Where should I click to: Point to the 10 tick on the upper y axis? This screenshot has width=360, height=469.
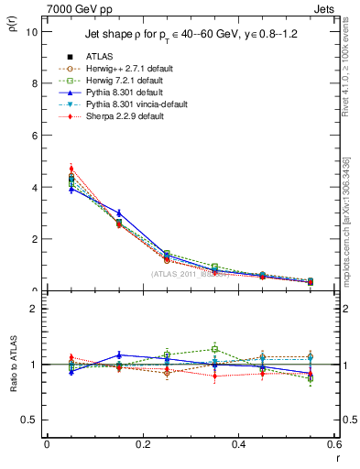[x=31, y=32]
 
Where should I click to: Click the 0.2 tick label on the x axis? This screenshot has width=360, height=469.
[x=143, y=443]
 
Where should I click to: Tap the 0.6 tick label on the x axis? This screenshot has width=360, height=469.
[x=333, y=443]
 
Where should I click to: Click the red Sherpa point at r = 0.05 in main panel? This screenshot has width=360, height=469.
[x=71, y=169]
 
